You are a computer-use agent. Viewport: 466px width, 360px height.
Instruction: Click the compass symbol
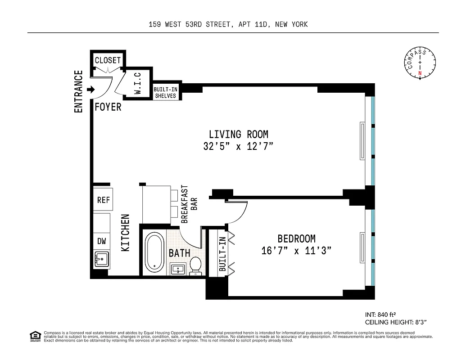point(420,63)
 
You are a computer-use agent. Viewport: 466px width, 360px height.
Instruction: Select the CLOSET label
point(108,60)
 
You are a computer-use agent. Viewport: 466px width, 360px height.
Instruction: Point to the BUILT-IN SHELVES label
point(165,93)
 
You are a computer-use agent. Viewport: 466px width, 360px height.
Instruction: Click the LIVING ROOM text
point(238,134)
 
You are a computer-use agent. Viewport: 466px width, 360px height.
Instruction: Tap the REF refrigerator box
point(103,200)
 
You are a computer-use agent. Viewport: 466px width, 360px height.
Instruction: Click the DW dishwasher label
point(102,241)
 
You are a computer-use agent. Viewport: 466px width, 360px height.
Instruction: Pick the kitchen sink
point(100,260)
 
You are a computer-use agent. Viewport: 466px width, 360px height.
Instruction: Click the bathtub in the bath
point(155,252)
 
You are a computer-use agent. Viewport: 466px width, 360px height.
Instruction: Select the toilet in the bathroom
point(196,265)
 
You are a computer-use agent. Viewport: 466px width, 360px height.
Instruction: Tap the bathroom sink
point(178,269)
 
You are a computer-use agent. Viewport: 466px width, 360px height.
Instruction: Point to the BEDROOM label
point(296,239)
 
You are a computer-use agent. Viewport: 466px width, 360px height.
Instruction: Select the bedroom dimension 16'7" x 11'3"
point(296,251)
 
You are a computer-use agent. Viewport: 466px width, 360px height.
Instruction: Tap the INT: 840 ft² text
point(380,315)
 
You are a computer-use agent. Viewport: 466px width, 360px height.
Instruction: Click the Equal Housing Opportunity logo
point(35,336)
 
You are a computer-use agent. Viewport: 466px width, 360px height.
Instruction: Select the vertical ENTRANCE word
point(78,91)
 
